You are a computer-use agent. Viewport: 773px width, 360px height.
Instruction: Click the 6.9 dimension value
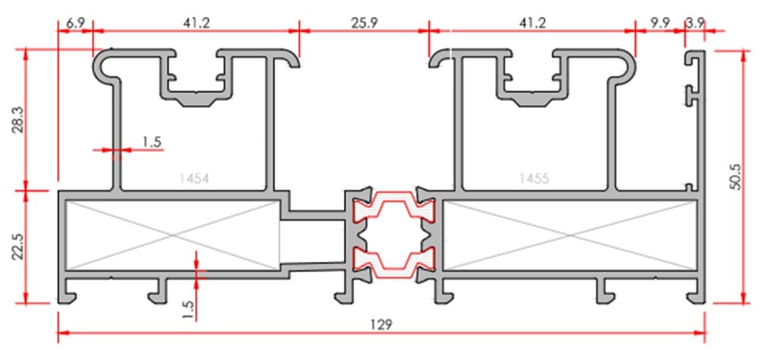click(x=74, y=23)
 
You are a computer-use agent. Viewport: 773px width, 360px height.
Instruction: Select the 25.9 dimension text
click(x=364, y=23)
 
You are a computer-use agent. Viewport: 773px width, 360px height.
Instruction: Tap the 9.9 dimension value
click(x=659, y=23)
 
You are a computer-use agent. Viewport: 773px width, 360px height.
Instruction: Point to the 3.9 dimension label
click(x=695, y=23)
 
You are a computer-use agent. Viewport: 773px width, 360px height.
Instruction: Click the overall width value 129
click(x=381, y=324)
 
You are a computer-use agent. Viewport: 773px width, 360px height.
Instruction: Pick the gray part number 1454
click(x=195, y=178)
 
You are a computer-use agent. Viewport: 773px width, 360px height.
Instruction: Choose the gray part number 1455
click(x=534, y=178)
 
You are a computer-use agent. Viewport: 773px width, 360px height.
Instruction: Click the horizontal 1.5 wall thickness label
click(x=152, y=142)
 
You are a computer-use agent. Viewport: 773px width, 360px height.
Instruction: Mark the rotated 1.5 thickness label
click(x=189, y=309)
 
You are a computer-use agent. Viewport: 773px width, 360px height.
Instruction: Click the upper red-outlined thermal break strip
click(x=394, y=205)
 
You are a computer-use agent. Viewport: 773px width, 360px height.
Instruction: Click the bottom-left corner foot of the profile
click(x=66, y=297)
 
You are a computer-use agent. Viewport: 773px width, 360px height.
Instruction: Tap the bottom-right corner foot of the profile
click(x=696, y=297)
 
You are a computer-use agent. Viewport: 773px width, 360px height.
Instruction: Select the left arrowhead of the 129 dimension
click(x=63, y=333)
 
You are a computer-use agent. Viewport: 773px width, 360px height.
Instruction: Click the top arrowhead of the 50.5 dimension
click(x=744, y=55)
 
